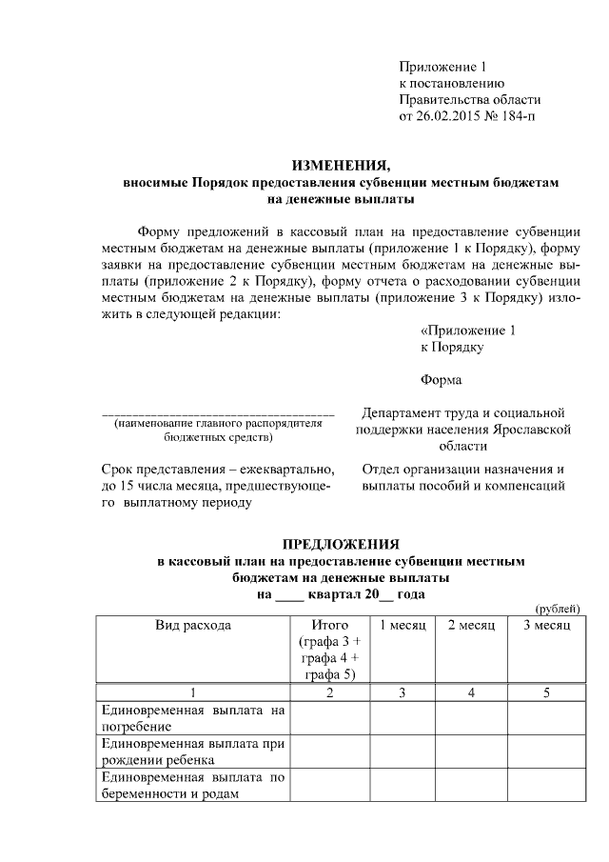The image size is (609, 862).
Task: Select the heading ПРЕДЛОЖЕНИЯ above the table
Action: [341, 544]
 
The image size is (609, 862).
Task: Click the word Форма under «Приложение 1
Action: [442, 380]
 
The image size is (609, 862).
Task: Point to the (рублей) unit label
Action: [556, 609]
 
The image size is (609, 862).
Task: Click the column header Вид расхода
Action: [193, 625]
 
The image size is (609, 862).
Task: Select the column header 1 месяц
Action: [403, 625]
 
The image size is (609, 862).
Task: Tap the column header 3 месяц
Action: [546, 625]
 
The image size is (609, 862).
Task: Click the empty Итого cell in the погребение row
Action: [329, 717]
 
